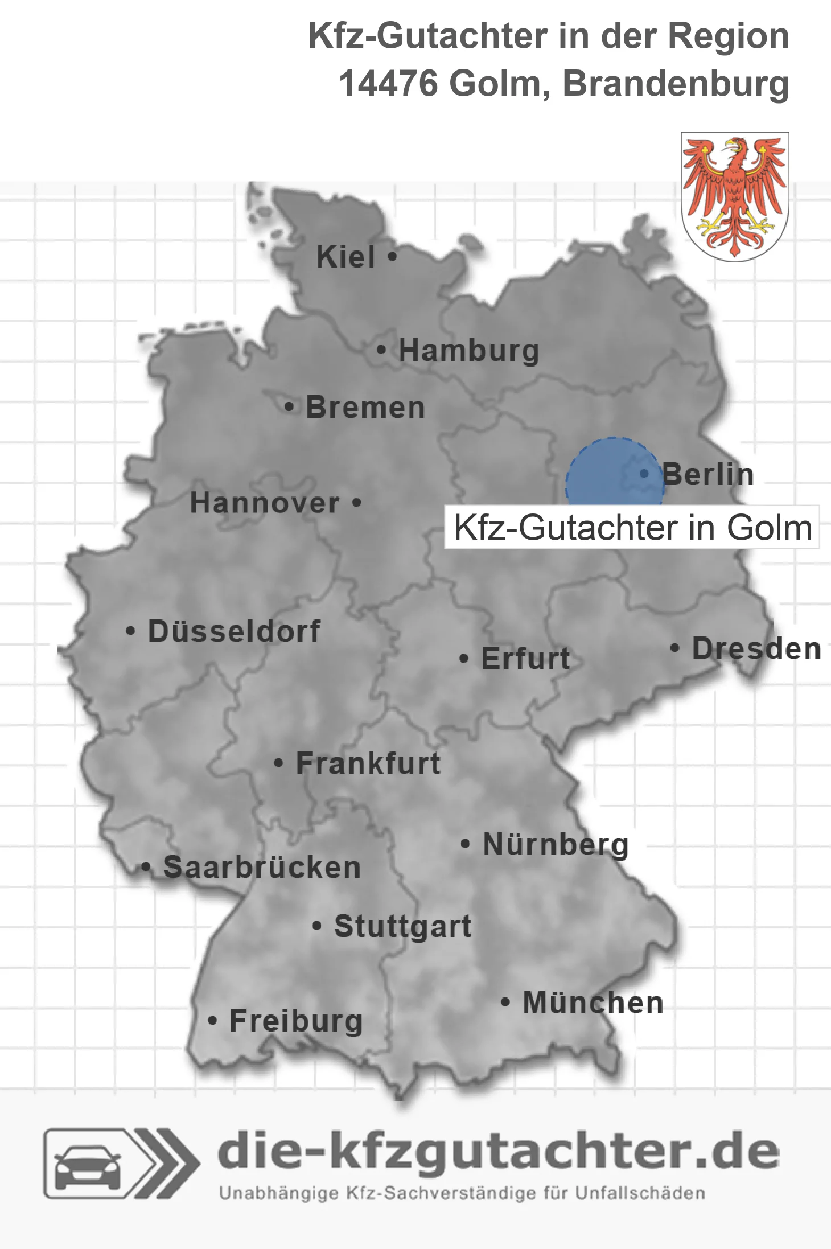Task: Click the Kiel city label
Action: (345, 257)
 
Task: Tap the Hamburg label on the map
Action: (468, 350)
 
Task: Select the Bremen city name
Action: (365, 408)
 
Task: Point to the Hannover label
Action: (265, 503)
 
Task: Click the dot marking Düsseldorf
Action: (131, 631)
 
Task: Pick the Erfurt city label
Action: (525, 659)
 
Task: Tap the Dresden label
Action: (756, 649)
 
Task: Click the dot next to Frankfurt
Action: (278, 763)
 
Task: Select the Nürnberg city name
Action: (556, 844)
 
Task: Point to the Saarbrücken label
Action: (262, 868)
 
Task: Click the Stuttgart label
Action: (402, 926)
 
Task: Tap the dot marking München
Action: (505, 1002)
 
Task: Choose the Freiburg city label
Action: (296, 1021)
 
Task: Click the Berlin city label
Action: (708, 475)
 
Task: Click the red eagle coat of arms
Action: (734, 196)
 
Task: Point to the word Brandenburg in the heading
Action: (676, 84)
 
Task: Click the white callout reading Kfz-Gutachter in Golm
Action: (632, 528)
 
